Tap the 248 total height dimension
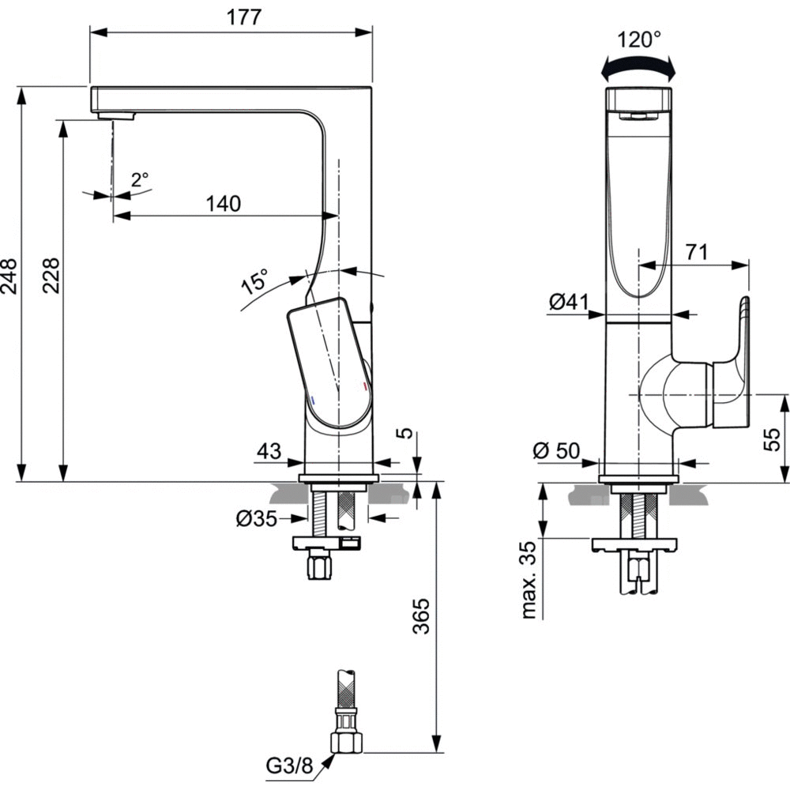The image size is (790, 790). tap(9, 276)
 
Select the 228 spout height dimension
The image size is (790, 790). tap(51, 276)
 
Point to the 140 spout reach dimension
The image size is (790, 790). tap(223, 204)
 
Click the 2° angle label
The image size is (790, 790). tap(139, 180)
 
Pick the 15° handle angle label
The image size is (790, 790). tap(255, 281)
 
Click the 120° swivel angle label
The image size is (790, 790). tap(639, 39)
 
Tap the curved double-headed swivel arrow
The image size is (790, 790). tap(639, 70)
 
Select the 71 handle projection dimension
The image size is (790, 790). tap(695, 253)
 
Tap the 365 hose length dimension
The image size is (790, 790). tap(420, 617)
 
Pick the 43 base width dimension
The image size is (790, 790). tap(269, 451)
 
